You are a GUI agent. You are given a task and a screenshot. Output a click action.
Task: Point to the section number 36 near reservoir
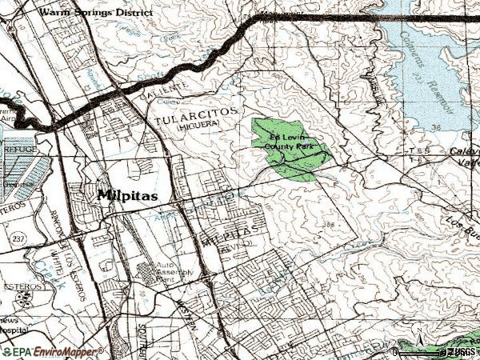pos(458,126)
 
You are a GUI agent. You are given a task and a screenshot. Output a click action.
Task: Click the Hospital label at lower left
pos(10,328)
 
